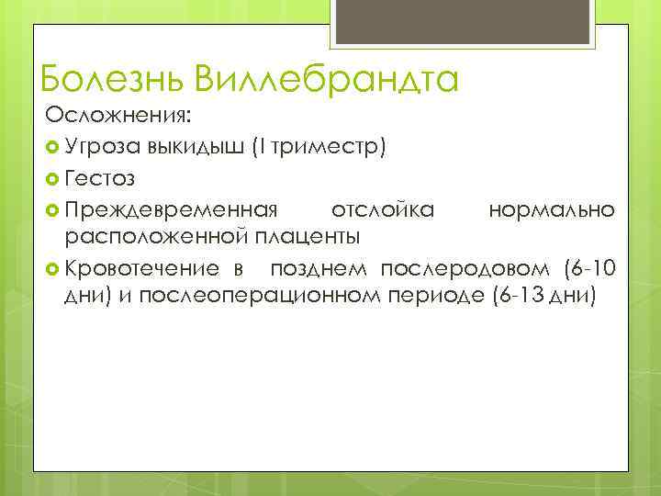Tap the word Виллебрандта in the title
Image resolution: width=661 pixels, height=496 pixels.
[326, 78]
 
